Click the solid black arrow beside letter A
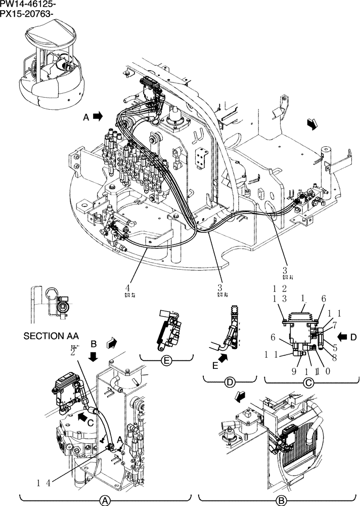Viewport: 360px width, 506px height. pos(97,116)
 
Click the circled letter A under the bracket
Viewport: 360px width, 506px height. pos(105,500)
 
